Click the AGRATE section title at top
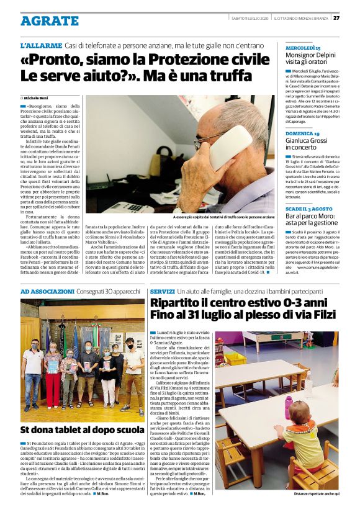pyautogui.click(x=49, y=20)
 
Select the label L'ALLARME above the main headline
pyautogui.click(x=41, y=46)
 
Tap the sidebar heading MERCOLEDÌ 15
pyautogui.click(x=303, y=47)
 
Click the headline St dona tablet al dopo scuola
pyautogui.click(x=83, y=429)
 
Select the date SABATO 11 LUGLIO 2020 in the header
pyautogui.click(x=250, y=17)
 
